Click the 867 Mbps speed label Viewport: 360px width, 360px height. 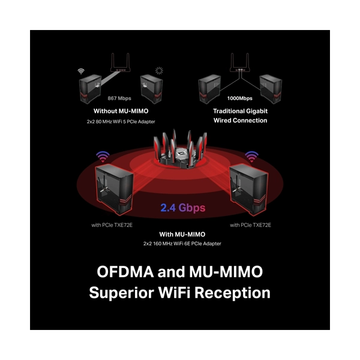(x=119, y=98)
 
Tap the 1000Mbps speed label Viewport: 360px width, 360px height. (x=239, y=98)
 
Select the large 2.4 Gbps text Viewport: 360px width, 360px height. (x=183, y=208)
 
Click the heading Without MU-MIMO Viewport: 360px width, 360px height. (x=121, y=111)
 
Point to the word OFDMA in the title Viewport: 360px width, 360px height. (x=125, y=272)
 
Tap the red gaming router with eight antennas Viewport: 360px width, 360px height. (x=180, y=149)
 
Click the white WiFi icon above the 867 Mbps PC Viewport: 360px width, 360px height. (x=81, y=71)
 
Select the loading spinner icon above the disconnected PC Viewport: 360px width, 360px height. (x=159, y=71)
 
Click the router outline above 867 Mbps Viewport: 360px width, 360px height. (x=121, y=62)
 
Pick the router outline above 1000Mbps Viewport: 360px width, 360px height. (x=239, y=62)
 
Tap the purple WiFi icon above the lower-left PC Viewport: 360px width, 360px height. (x=103, y=157)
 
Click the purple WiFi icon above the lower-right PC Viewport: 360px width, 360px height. (x=251, y=157)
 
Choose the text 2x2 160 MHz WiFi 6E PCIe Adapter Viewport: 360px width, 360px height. (x=182, y=244)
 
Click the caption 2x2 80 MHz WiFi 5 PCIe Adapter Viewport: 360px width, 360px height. (x=121, y=122)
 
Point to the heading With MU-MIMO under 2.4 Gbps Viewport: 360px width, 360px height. (x=182, y=235)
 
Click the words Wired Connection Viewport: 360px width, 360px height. (x=241, y=121)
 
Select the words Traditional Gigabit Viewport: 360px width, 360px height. (x=241, y=111)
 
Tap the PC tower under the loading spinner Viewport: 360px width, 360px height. (x=152, y=89)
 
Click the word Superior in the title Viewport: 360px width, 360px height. (x=121, y=293)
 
